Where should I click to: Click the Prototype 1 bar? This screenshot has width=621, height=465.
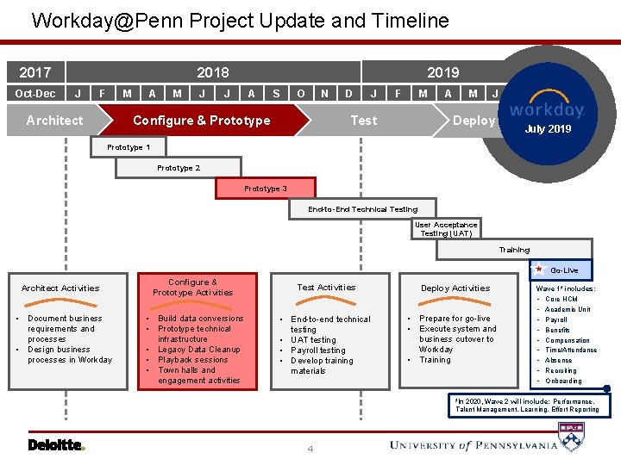[129, 147]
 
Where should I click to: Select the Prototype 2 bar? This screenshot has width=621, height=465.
[179, 168]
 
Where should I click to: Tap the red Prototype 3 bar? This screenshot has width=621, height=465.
[266, 189]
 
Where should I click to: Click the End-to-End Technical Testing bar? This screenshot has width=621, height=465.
[362, 209]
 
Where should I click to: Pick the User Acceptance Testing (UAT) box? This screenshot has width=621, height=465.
[446, 229]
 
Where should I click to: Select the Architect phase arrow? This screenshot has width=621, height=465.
[55, 121]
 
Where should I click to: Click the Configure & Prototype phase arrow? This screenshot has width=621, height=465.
[201, 121]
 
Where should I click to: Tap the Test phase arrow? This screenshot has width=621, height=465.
[363, 121]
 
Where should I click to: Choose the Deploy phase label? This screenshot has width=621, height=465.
[474, 121]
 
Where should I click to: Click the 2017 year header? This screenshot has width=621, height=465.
[35, 72]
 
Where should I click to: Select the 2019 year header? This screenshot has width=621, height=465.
[442, 72]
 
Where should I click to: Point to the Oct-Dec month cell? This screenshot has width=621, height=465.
[35, 93]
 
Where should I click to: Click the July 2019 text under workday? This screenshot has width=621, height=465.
[548, 129]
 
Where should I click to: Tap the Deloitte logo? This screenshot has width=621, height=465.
[56, 445]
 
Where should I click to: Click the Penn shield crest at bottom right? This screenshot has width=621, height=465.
[572, 437]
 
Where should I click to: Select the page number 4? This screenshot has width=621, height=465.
[310, 449]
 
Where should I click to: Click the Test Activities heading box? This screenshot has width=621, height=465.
[326, 288]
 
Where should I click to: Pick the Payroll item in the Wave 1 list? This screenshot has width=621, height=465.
[556, 319]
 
